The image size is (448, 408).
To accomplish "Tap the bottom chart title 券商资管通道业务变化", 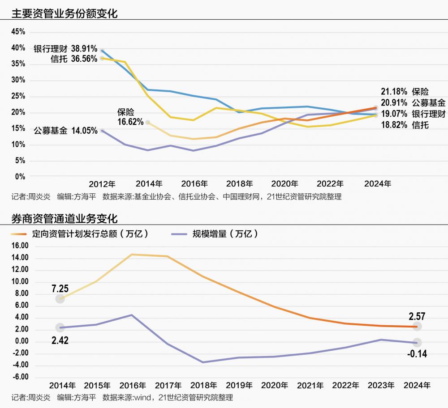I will [64, 218].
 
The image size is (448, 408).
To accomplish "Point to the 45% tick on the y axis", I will [18, 32].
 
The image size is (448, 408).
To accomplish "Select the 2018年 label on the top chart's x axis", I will [240, 184].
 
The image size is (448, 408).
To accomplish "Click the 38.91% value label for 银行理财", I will [84, 49].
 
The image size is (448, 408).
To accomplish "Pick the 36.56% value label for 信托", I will [84, 59].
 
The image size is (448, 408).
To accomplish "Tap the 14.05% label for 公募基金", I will [84, 131].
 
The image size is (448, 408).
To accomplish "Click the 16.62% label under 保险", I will [130, 121].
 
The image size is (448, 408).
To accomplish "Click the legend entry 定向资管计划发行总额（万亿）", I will [90, 234].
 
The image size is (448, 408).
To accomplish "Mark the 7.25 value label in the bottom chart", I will [60, 288].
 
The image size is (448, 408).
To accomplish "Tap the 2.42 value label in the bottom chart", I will [60, 340].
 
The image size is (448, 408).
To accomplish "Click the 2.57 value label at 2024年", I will [417, 317].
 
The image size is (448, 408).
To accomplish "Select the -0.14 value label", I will [417, 354].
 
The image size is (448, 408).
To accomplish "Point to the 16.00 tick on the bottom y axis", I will [20, 246].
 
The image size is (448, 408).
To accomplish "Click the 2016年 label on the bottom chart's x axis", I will [133, 386].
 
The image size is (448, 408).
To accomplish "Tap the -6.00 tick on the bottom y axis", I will [20, 377].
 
